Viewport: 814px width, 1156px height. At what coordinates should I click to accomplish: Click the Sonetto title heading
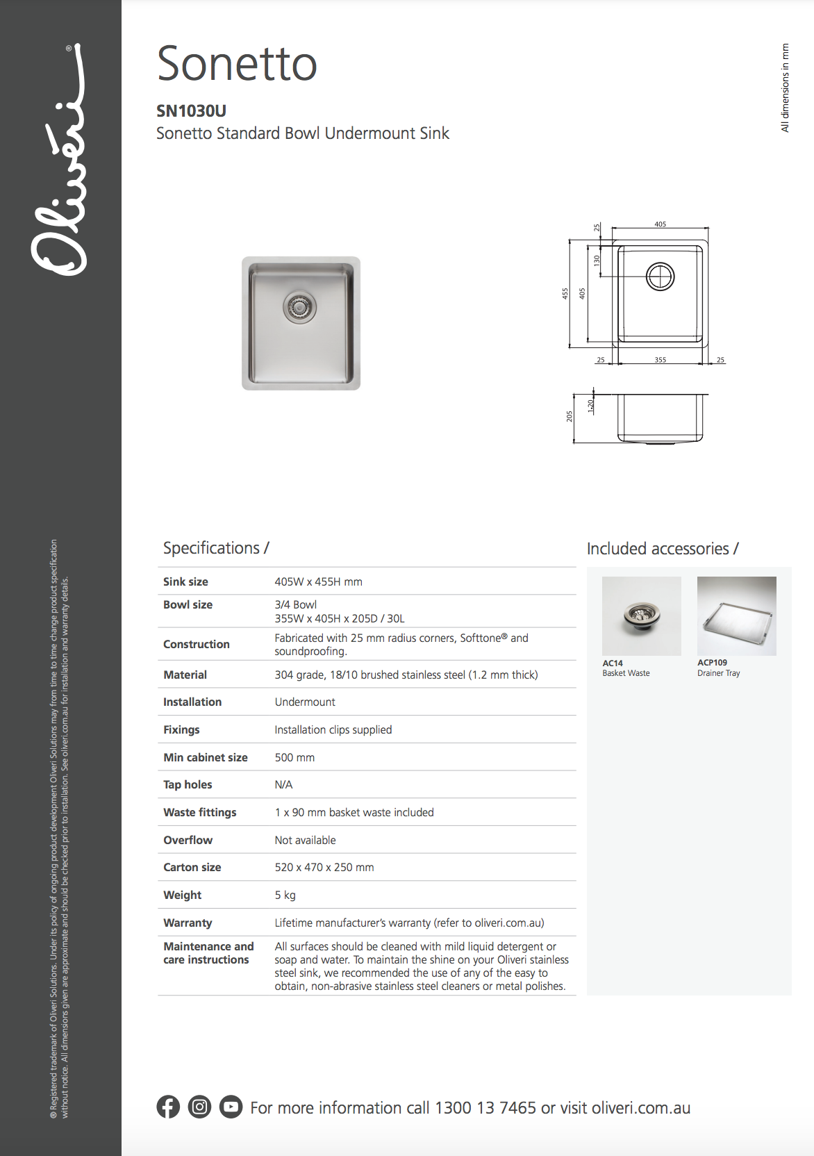237,64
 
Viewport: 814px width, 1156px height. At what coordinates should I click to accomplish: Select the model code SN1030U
191,111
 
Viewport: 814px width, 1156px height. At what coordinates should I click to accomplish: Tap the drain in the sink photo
299,306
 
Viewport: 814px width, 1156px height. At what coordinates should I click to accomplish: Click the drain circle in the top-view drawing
660,276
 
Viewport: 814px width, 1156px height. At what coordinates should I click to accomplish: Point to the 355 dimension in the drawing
660,360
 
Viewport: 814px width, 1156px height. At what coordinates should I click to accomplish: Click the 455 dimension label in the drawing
565,293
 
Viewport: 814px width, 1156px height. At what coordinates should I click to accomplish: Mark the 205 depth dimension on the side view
570,416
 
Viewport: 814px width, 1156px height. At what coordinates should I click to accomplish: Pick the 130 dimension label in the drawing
597,260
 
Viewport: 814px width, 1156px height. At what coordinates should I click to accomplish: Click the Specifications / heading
216,548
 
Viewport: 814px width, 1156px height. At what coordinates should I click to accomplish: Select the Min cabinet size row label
206,757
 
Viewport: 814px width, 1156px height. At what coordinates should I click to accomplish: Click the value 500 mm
294,757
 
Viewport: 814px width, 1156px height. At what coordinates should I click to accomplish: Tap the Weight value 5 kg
285,895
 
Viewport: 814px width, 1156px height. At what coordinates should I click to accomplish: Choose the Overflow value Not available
305,840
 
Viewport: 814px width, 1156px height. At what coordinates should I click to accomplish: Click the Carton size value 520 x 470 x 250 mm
324,867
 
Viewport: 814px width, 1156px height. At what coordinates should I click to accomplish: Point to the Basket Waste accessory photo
641,616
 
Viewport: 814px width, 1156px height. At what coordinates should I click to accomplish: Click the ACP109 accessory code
712,663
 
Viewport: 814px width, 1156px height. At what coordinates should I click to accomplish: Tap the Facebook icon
168,1107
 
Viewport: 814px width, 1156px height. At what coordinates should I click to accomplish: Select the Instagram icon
199,1107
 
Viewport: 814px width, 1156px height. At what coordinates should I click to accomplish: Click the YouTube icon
231,1107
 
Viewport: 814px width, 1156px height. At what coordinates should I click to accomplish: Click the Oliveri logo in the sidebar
60,160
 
